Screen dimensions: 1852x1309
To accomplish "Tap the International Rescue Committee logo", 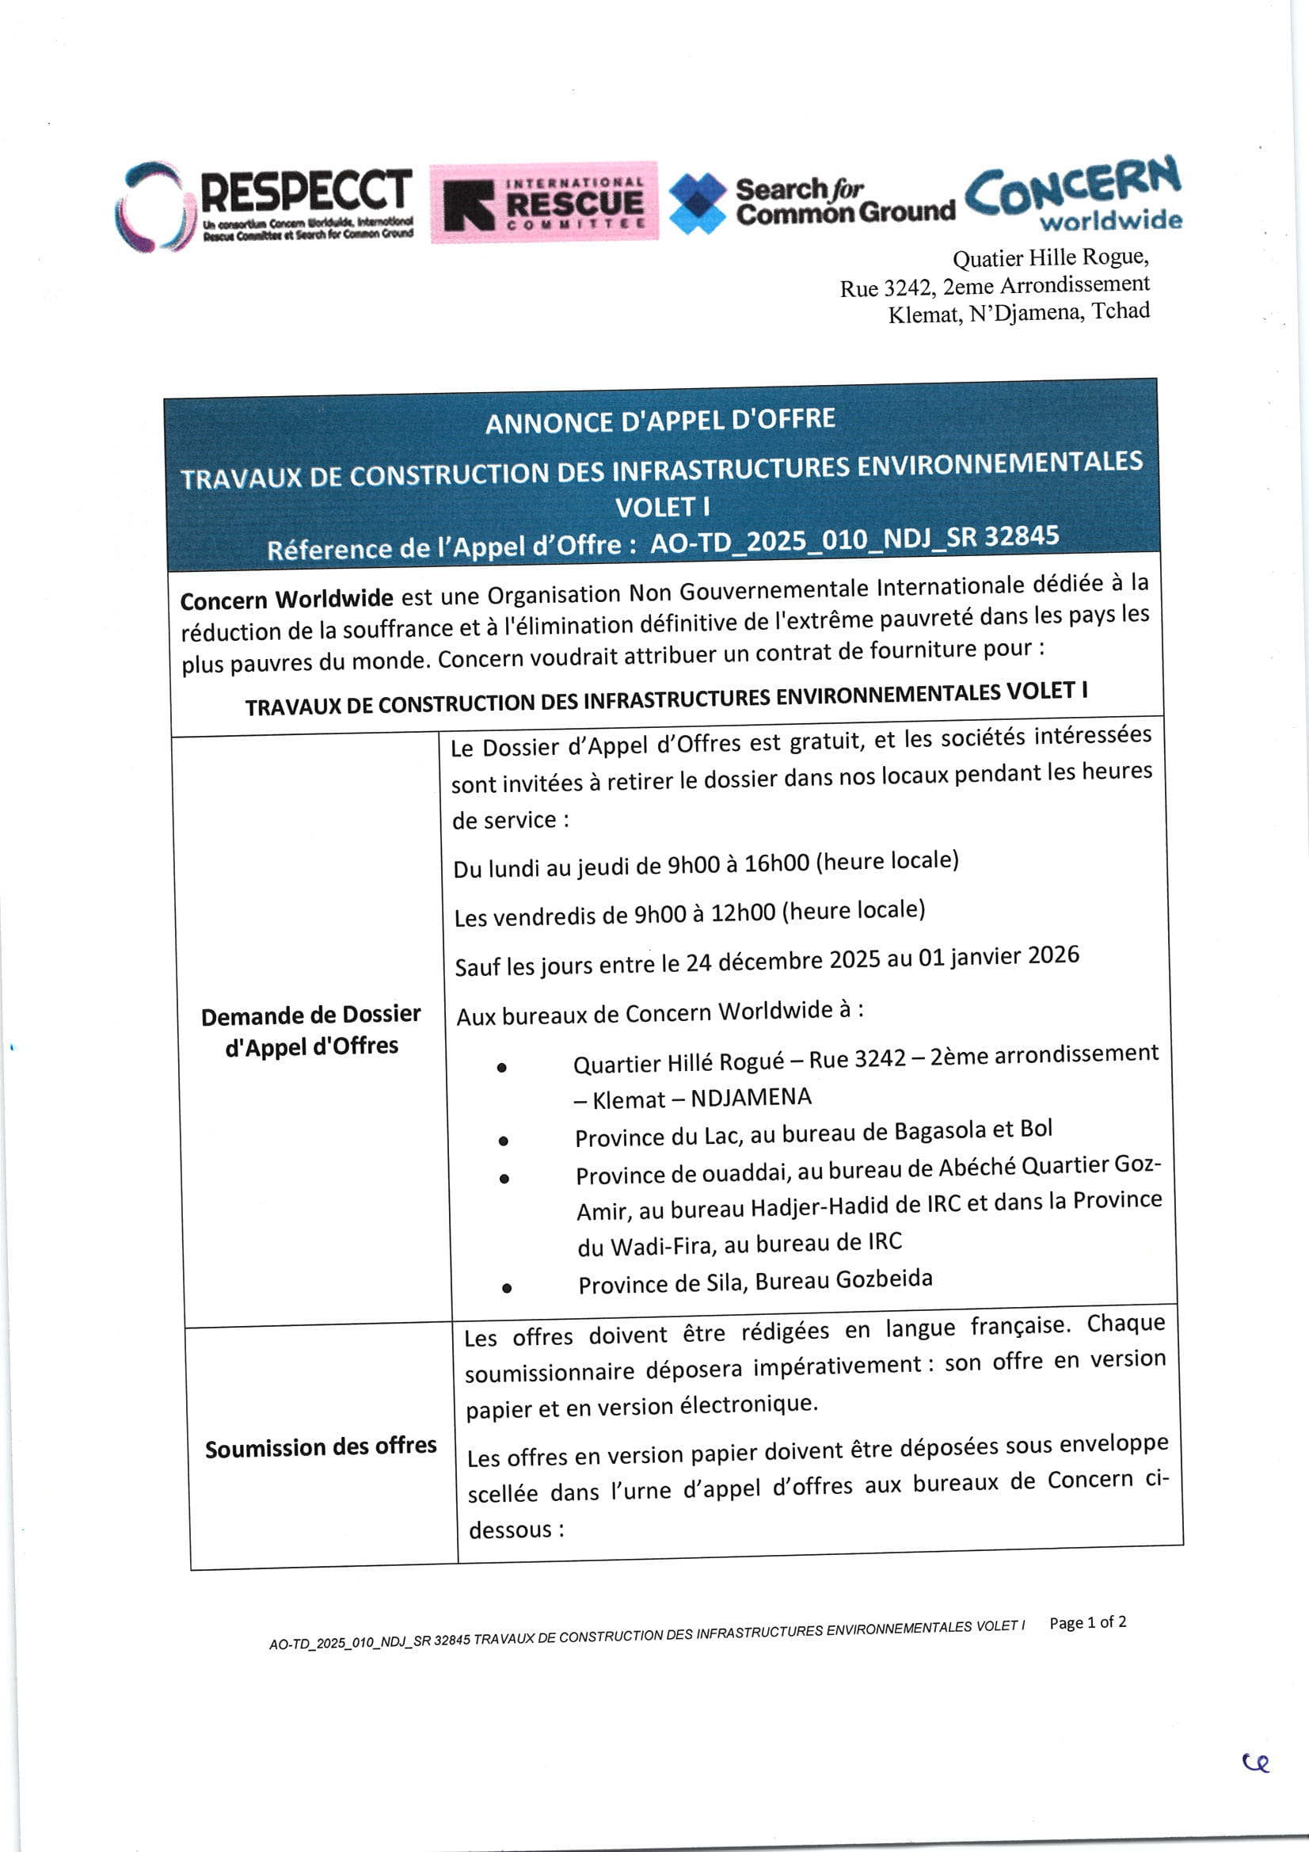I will click(x=543, y=202).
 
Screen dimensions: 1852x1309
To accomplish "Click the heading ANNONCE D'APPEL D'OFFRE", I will click(x=660, y=421).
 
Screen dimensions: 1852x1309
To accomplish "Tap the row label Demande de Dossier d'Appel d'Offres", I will click(x=311, y=1030).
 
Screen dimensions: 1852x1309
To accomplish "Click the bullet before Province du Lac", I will click(x=504, y=1141).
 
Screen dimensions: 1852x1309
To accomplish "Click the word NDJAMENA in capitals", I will click(x=751, y=1097).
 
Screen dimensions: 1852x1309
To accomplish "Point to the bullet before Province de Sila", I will click(x=507, y=1288).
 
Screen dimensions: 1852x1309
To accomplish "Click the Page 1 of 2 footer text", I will click(x=1087, y=1622).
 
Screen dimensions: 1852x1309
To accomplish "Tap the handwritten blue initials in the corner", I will click(x=1256, y=1763).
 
